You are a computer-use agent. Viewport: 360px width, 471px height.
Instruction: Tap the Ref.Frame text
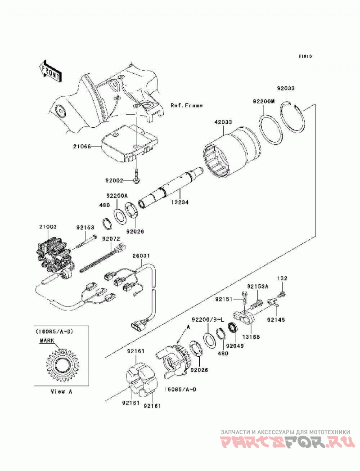tap(187, 105)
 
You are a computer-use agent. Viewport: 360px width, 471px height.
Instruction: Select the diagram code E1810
tap(305, 56)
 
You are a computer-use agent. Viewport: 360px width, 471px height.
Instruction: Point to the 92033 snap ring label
tap(286, 89)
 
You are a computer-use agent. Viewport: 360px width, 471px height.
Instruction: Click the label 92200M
tap(264, 102)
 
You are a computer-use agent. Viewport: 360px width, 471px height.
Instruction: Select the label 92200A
tap(117, 196)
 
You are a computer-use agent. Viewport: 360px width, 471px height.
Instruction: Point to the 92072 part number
tap(111, 239)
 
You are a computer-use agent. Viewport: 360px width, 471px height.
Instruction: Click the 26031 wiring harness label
tap(142, 256)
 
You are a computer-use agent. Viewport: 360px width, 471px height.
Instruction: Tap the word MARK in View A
tap(47, 341)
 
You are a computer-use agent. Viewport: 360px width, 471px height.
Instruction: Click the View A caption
tap(61, 392)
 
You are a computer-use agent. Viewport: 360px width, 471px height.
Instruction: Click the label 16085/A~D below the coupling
tap(180, 390)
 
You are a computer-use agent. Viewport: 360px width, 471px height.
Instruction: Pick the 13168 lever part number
tap(252, 337)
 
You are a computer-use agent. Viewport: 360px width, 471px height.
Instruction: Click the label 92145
tap(276, 320)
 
